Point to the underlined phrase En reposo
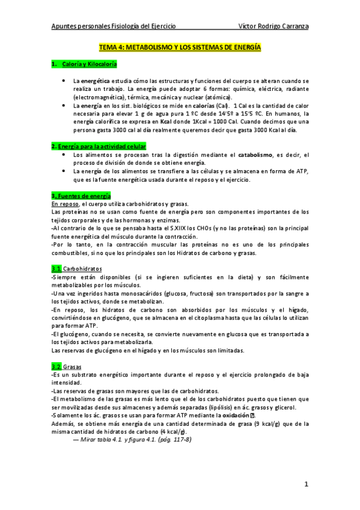point(67,204)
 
